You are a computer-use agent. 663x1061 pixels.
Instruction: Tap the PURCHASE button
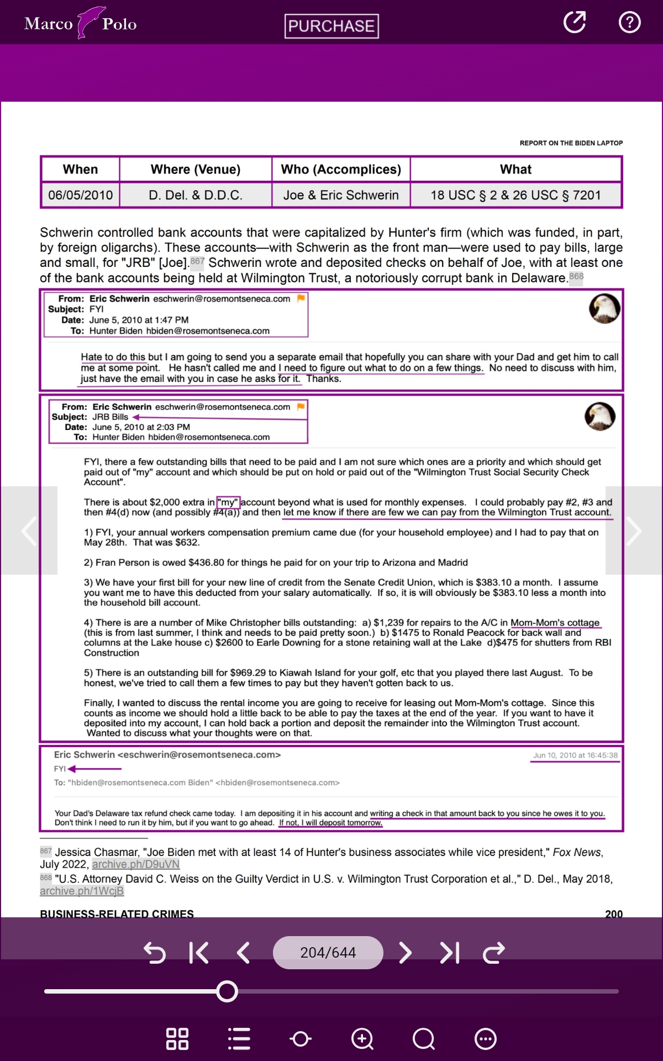pos(331,26)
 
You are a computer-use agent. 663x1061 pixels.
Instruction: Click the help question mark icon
pos(629,23)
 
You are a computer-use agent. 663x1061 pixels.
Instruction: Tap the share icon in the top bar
pos(575,23)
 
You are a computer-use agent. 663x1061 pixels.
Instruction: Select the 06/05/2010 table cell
pos(80,195)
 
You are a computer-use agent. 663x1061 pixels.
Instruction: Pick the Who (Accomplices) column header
pos(341,169)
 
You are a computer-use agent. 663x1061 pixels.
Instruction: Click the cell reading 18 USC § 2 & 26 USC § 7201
pos(515,195)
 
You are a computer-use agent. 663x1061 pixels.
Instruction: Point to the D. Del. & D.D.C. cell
pos(195,195)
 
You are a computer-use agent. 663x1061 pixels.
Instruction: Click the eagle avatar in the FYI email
pos(604,308)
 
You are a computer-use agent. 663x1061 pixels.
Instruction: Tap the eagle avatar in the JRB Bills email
pos(600,416)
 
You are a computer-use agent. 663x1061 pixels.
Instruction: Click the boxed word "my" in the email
pos(228,502)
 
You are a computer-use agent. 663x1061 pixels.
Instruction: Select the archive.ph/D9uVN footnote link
pos(135,864)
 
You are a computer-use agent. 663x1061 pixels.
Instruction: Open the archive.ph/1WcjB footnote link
pos(82,891)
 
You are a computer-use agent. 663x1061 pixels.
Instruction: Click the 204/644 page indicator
pos(328,953)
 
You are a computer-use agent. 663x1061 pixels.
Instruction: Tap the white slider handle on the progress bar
pos(227,991)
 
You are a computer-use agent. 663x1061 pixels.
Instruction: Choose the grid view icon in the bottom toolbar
pos(177,1039)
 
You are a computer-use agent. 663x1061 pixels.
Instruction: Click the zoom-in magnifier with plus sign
pos(362,1039)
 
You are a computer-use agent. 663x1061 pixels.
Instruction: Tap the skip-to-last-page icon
pos(450,953)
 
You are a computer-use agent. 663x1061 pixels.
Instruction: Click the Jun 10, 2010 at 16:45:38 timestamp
pos(575,755)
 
